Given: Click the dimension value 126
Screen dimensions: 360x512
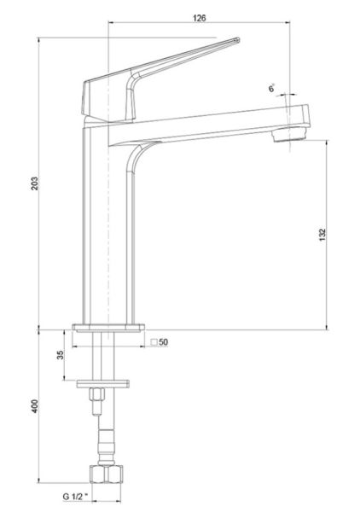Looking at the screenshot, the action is pos(199,18).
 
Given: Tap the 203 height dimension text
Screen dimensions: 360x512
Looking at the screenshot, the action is pos(35,183).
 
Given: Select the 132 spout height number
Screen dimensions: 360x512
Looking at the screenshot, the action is pos(322,235).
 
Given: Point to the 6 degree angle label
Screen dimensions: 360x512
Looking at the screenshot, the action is pos(271,89).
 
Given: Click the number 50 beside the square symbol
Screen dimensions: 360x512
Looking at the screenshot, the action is pos(164,342).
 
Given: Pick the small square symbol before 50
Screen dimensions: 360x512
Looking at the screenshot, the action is pos(154,342).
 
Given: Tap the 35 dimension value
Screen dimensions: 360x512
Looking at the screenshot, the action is pos(61,355).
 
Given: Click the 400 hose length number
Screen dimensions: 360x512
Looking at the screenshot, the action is pos(35,406).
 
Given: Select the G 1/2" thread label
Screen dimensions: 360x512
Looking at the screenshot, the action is pos(75,497).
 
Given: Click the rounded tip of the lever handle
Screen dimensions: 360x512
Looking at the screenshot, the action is pos(238,40).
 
